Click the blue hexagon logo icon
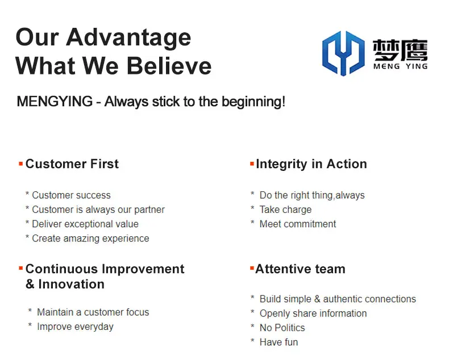coord(343,53)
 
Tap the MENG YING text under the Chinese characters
coord(400,66)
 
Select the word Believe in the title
coord(169,66)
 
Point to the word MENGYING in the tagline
coord(55,101)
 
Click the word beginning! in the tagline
coord(253,102)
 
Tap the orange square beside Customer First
coord(20,164)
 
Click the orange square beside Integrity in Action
coord(252,164)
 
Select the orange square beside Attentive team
coord(252,269)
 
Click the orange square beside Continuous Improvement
coord(20,269)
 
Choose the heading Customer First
coord(72,164)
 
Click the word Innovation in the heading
coord(71,284)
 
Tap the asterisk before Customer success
coord(27,194)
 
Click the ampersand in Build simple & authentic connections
coord(317,299)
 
